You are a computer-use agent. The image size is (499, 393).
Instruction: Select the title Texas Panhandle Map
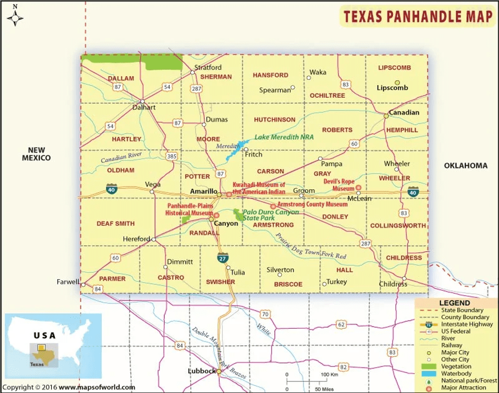click(x=418, y=17)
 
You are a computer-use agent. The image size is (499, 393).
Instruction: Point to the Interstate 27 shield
click(x=221, y=257)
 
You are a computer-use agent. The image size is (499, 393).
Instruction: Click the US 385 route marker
click(x=172, y=156)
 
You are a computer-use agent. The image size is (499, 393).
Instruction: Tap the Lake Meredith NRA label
click(x=284, y=137)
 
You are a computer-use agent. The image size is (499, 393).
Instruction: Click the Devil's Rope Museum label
click(x=339, y=184)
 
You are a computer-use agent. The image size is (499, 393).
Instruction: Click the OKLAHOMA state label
click(x=465, y=165)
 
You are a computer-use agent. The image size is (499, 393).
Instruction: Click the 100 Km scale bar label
click(x=329, y=374)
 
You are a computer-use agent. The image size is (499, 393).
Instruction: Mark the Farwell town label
click(x=68, y=282)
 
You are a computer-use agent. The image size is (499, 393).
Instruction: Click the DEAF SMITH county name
click(x=115, y=224)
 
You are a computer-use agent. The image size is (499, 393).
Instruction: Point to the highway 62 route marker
click(x=341, y=325)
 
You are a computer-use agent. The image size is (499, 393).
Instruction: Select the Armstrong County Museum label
click(x=312, y=204)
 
